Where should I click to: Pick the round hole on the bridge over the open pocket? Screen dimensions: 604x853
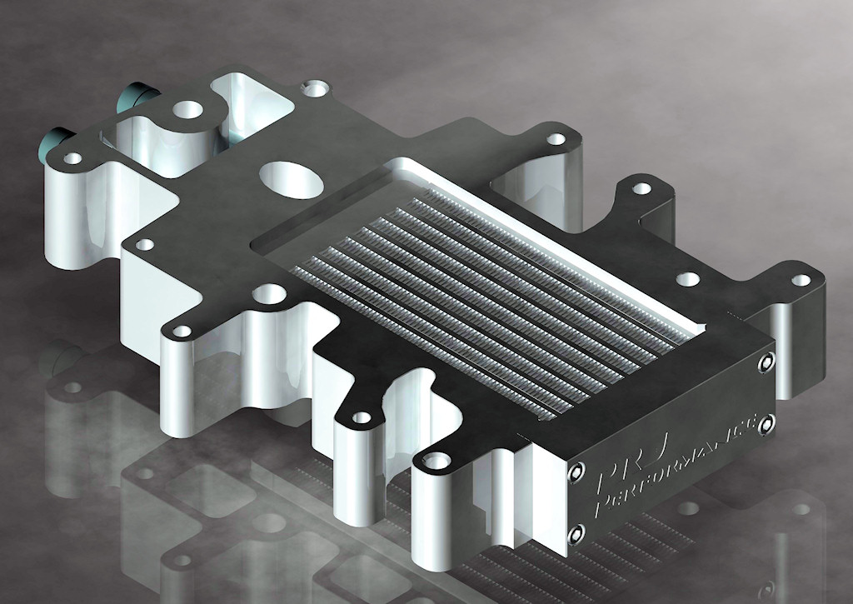[x=187, y=108]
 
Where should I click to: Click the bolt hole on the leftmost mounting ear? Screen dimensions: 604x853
[x=72, y=157]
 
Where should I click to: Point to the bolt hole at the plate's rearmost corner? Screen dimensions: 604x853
[x=314, y=86]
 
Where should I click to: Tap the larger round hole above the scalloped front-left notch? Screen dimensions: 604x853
[x=268, y=293]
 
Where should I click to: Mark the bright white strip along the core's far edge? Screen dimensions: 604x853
[x=550, y=226]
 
